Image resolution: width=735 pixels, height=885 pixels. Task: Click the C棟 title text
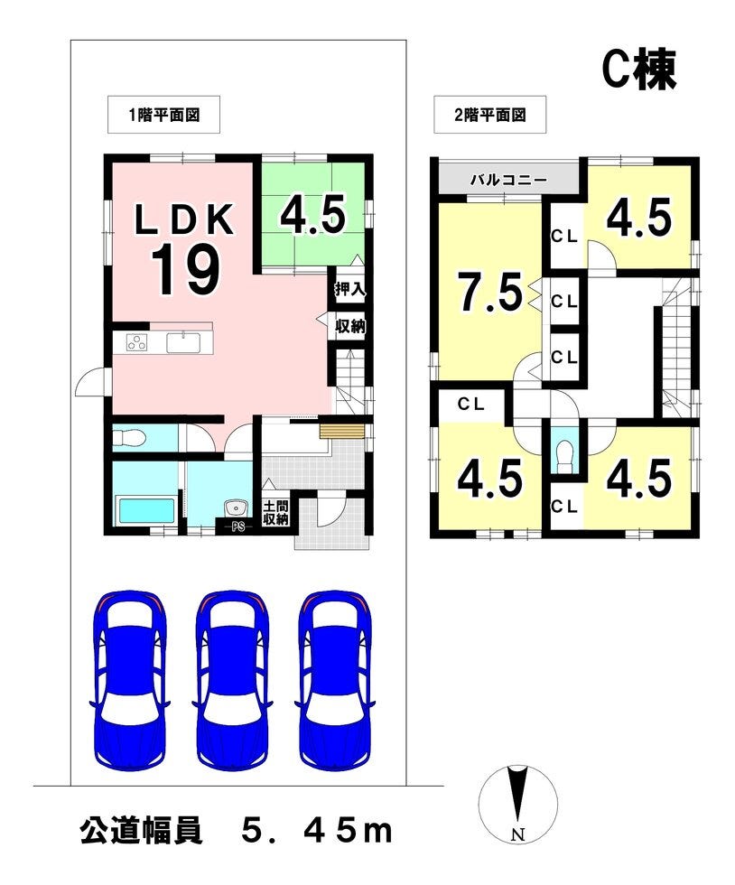[639, 71]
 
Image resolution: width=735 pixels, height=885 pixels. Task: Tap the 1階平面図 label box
[163, 115]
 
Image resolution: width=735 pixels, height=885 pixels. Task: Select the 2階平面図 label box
[489, 115]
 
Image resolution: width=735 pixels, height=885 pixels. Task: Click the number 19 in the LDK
[186, 271]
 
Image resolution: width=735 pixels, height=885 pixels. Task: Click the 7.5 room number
[489, 292]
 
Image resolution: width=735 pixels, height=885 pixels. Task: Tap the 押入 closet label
[350, 290]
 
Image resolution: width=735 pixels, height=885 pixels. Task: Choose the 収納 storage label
[350, 326]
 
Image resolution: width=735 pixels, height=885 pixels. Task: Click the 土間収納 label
[275, 513]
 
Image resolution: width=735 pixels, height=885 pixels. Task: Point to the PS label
[238, 527]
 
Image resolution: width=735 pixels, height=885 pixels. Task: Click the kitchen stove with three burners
[136, 342]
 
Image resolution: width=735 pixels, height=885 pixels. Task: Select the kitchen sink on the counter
[183, 342]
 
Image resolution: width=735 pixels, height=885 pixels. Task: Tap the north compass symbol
[517, 804]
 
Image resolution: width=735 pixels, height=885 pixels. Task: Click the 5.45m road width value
[317, 831]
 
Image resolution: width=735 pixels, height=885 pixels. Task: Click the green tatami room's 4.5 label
[312, 215]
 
